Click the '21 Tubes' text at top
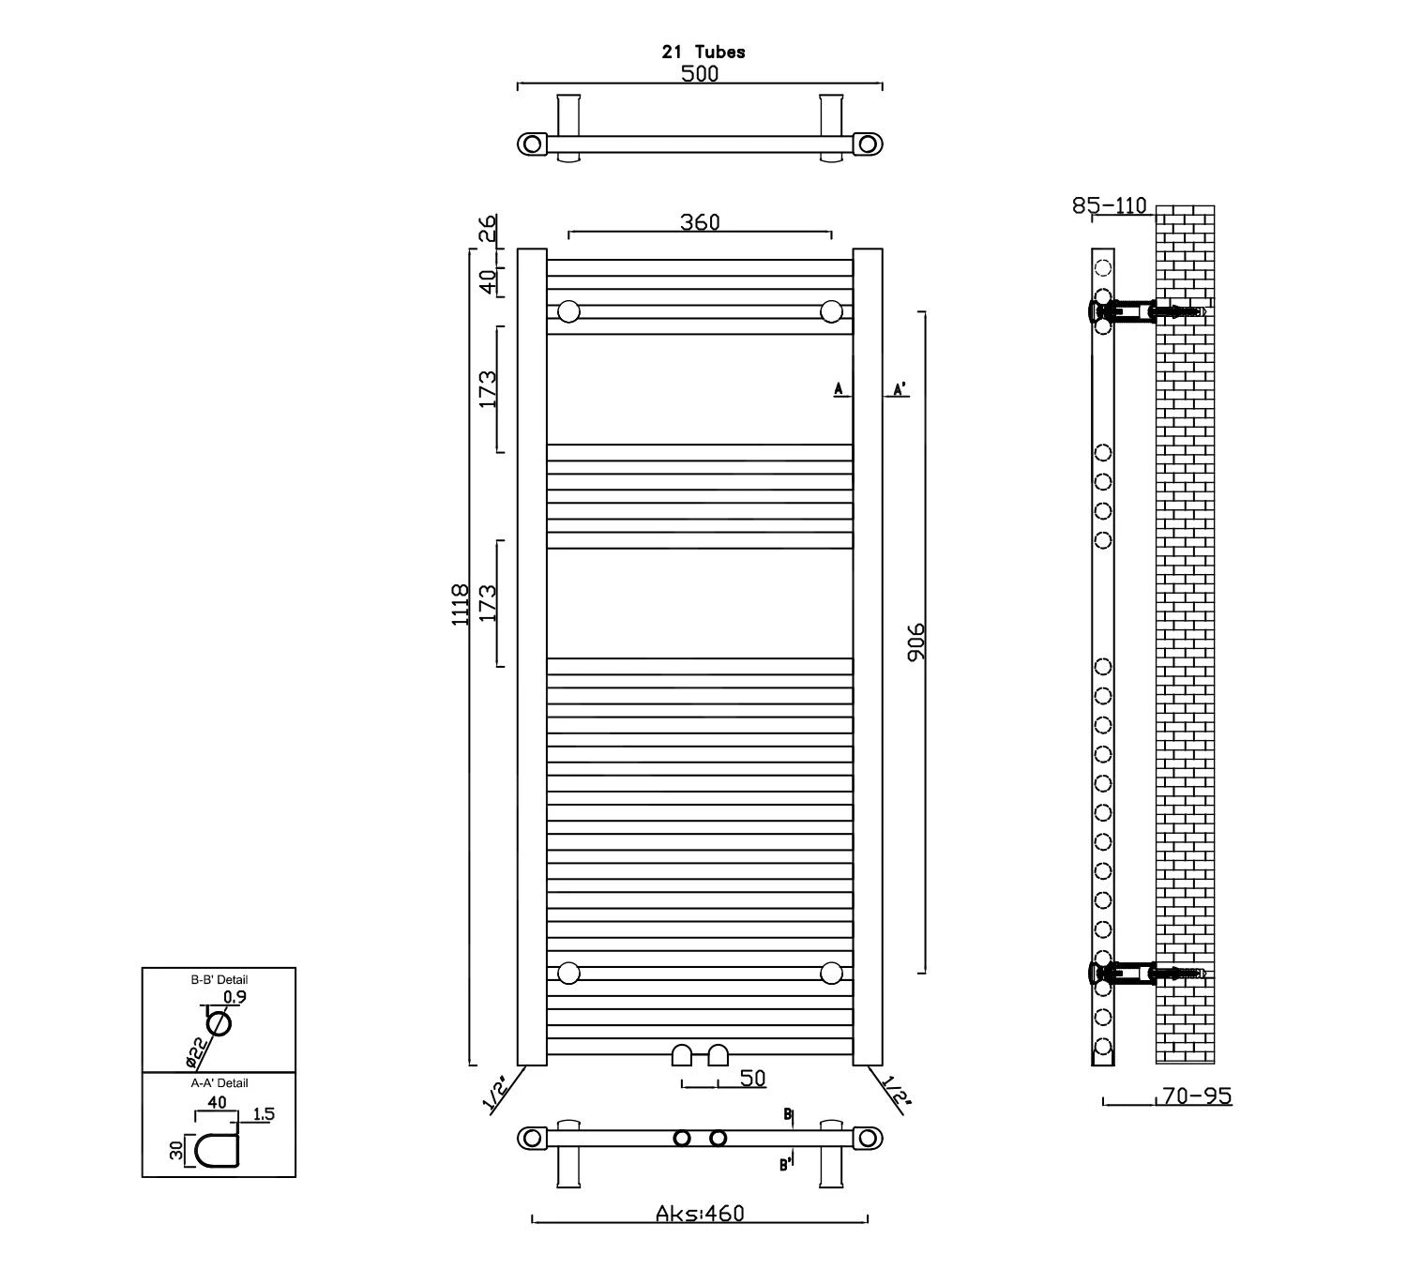tap(703, 53)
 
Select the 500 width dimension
tap(700, 73)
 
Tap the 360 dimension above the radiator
tap(700, 222)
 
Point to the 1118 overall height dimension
tap(461, 605)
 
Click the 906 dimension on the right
tap(916, 642)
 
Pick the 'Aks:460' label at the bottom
tap(700, 1214)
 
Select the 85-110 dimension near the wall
tap(1110, 205)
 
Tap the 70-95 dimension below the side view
tap(1196, 1095)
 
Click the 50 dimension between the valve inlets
tap(752, 1079)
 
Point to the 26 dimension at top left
tap(488, 228)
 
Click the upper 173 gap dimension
tap(488, 389)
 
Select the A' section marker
tap(900, 389)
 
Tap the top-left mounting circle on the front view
tap(568, 311)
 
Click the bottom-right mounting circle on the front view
tap(831, 973)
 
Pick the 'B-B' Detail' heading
tap(219, 979)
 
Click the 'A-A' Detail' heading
tap(219, 1082)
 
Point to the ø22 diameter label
tap(194, 1052)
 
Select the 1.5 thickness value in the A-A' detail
tap(264, 1114)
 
